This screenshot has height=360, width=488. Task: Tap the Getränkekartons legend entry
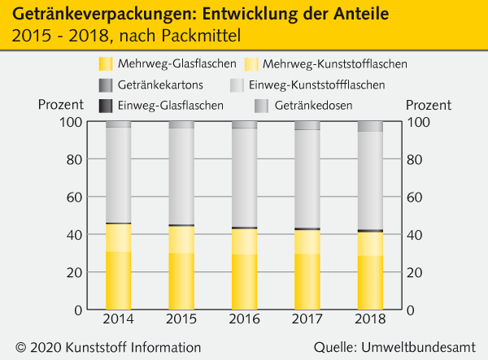[x=161, y=85]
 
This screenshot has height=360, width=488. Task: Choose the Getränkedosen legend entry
[x=310, y=105]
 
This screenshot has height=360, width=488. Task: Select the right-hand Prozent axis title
[x=428, y=105]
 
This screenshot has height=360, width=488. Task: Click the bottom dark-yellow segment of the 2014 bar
[x=119, y=280]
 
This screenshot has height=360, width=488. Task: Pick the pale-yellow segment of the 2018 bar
[x=371, y=244]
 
